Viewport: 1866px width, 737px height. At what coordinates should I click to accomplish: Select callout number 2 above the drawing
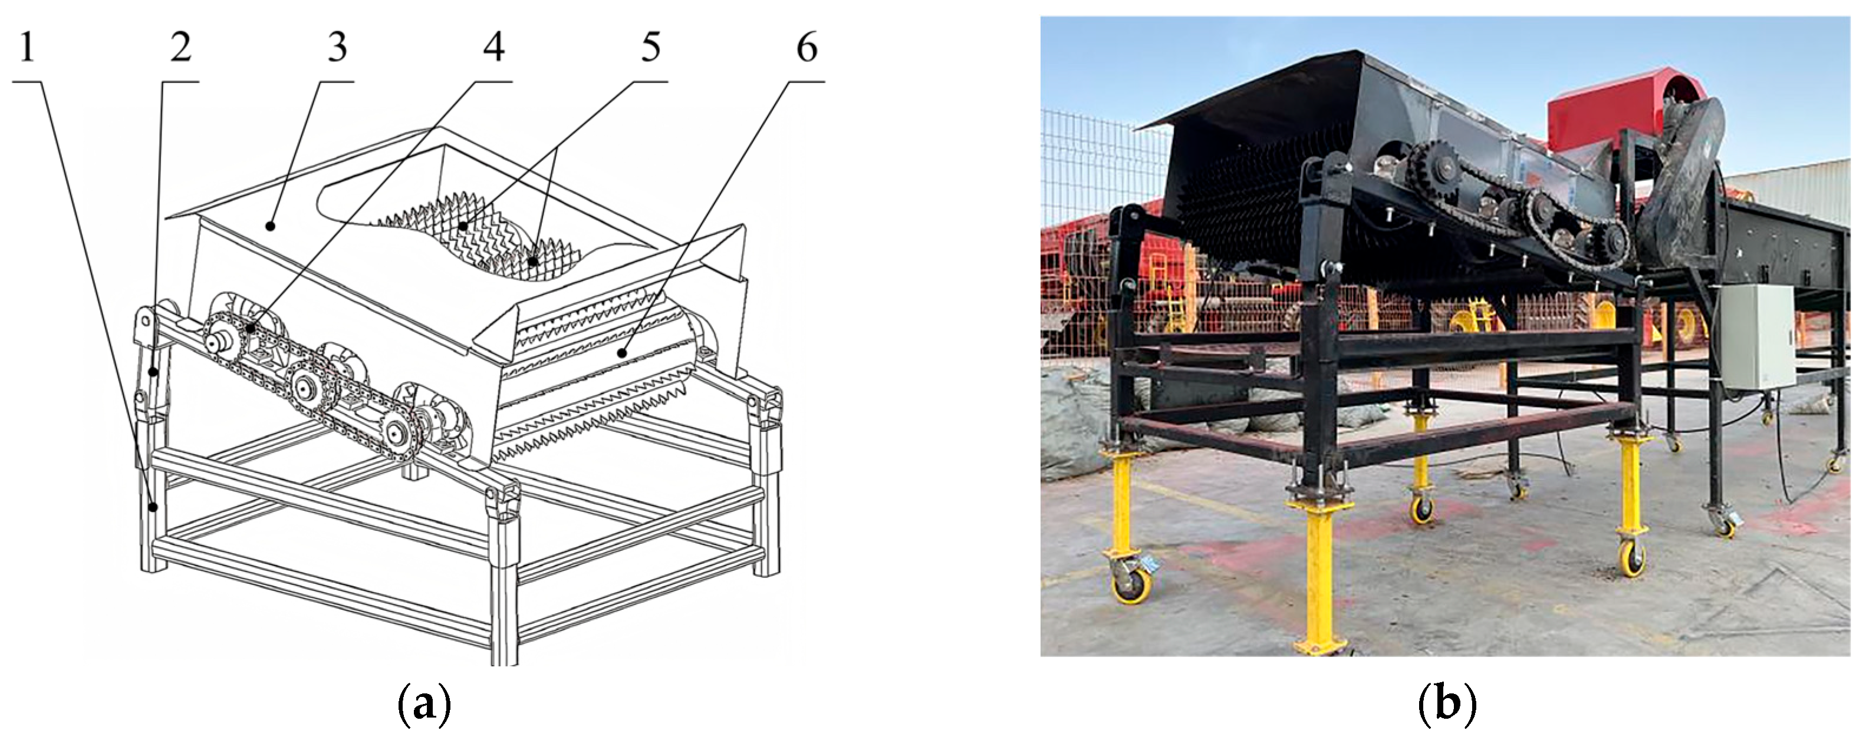[x=180, y=48]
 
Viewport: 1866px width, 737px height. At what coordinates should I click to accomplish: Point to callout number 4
[x=494, y=48]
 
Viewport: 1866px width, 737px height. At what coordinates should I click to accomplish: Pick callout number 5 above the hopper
[x=650, y=48]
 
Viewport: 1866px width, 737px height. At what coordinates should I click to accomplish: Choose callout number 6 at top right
[x=807, y=48]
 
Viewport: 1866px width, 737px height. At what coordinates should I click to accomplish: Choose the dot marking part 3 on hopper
[x=270, y=227]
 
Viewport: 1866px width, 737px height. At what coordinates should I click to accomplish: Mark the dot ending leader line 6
[x=621, y=354]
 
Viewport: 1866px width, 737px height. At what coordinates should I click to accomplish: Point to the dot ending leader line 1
[x=153, y=507]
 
